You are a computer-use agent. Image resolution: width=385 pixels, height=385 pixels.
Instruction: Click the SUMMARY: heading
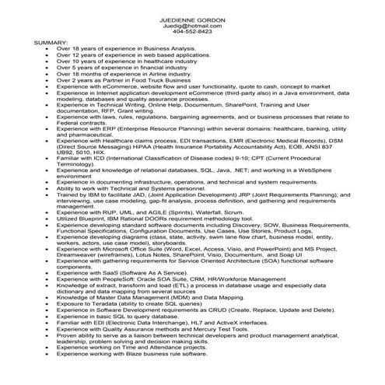51,41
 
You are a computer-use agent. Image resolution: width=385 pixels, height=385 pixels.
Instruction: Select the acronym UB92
65,152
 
